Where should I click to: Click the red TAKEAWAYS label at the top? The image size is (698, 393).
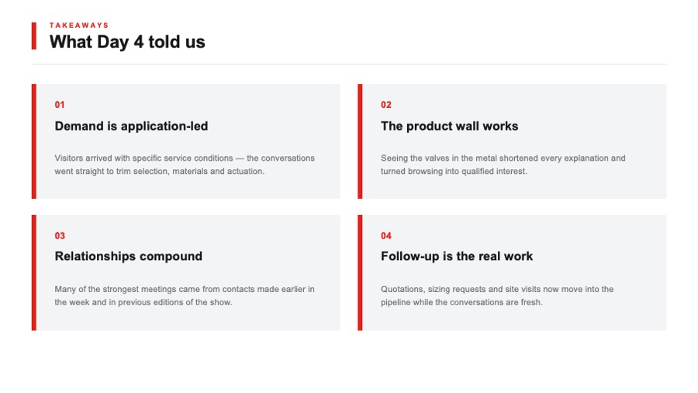click(79, 26)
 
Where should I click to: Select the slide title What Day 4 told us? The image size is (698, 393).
click(127, 42)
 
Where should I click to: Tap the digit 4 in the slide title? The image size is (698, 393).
click(139, 42)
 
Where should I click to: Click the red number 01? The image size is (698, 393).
click(60, 105)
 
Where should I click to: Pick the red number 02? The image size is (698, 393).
click(386, 105)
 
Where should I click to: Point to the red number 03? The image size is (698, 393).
click(60, 235)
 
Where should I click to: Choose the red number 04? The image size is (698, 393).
click(386, 235)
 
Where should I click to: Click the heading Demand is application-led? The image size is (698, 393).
click(131, 126)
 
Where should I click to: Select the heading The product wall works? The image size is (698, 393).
click(449, 126)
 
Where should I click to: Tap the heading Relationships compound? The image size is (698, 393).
click(128, 256)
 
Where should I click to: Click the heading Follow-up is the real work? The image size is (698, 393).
click(457, 256)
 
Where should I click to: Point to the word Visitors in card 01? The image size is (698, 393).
click(69, 158)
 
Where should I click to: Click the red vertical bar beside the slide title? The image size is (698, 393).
click(34, 36)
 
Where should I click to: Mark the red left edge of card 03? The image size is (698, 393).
click(34, 273)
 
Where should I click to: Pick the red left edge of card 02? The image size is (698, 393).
click(360, 141)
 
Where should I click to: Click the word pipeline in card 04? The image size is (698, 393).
click(396, 303)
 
